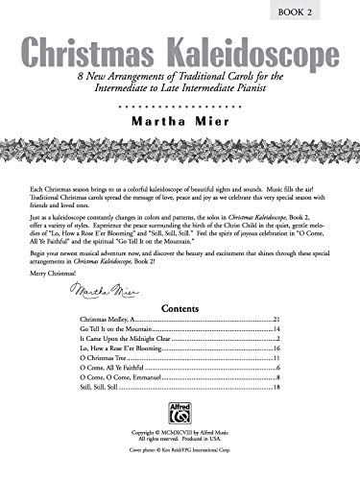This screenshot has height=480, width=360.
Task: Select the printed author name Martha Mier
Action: (180, 122)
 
